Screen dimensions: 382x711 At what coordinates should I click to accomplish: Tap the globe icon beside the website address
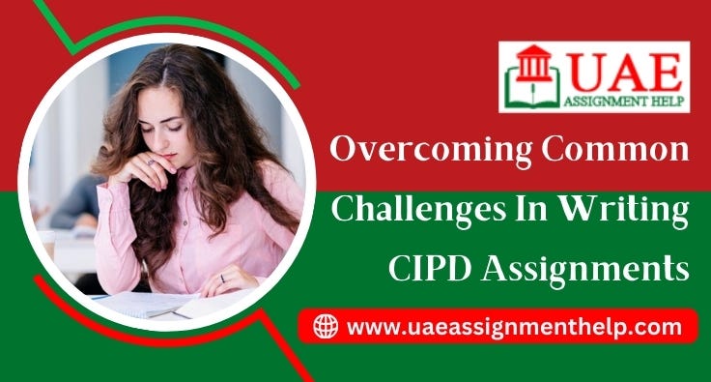tap(326, 327)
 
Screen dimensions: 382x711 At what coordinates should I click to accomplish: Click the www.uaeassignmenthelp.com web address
tap(513, 327)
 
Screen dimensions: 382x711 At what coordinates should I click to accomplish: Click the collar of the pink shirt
tap(208, 184)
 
